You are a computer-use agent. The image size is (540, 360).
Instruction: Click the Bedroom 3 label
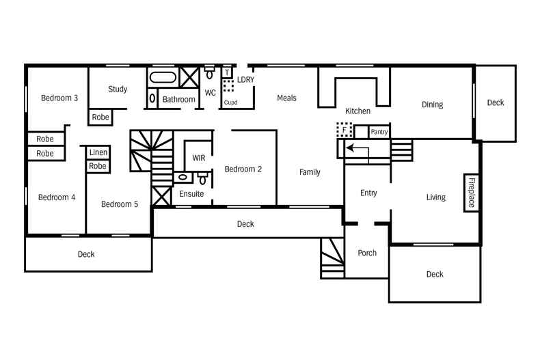59,98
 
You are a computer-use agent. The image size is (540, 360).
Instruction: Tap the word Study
118,89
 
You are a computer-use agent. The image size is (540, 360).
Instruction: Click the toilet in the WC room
210,72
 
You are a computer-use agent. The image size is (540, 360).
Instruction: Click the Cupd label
231,102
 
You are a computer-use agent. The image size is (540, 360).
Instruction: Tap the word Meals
286,98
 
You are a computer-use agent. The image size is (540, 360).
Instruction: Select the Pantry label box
379,131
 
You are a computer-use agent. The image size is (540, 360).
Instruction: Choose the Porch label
367,253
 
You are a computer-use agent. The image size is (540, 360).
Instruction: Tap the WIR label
198,158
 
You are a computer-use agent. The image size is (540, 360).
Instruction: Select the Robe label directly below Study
100,117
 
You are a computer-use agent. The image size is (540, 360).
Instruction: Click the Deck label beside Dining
496,102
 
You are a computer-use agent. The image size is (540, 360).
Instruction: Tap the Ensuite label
191,194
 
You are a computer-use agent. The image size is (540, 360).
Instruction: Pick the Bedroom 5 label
120,204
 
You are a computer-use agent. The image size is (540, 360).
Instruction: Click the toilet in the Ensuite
202,178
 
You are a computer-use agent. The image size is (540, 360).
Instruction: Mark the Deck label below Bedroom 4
86,254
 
